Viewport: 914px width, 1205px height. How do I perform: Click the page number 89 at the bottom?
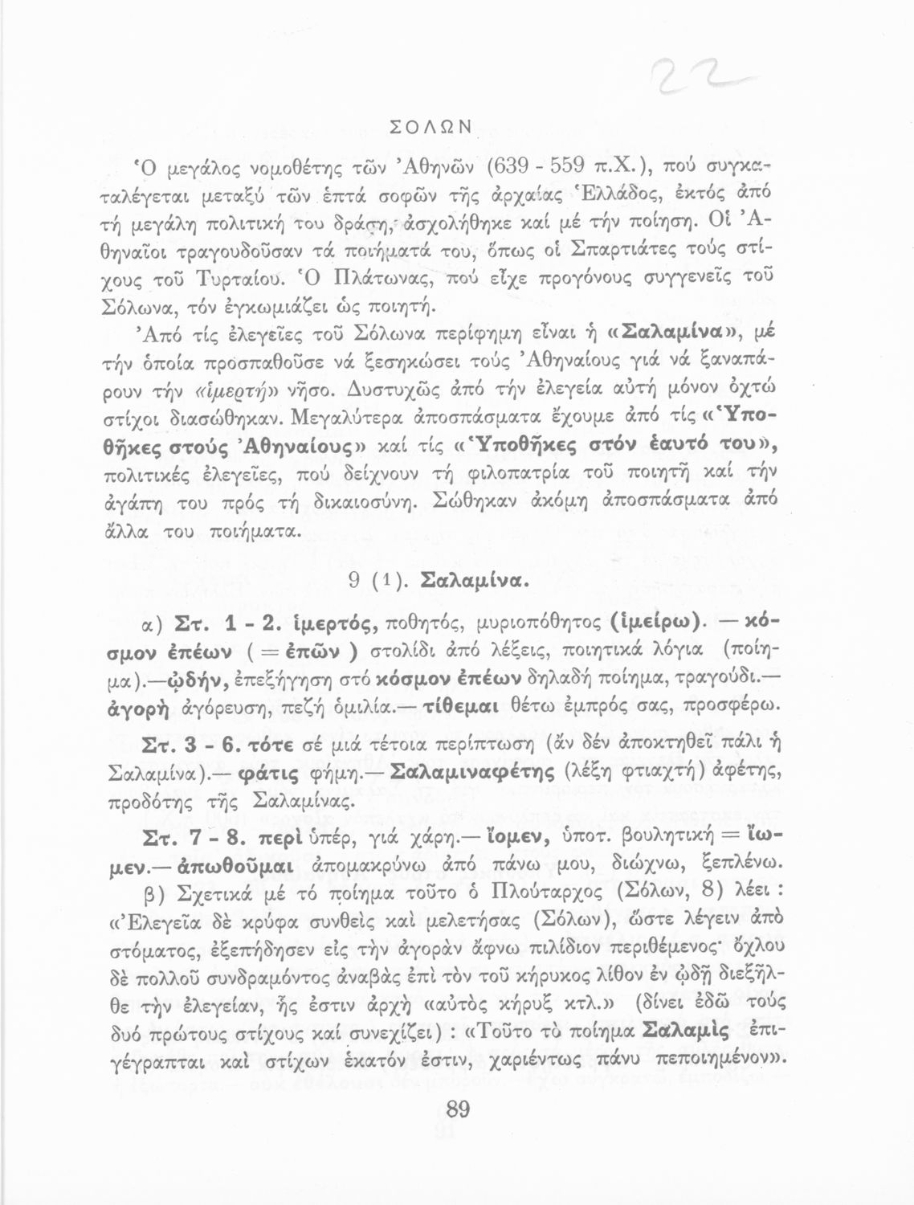click(457, 1110)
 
